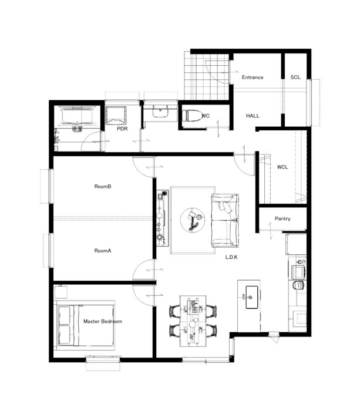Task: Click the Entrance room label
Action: (x=253, y=78)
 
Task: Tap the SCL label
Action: (x=295, y=78)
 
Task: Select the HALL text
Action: (x=253, y=116)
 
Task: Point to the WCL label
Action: (x=282, y=167)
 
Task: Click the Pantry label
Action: (x=282, y=218)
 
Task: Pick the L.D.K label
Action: (x=231, y=257)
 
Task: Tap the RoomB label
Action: (x=103, y=186)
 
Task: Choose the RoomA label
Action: (x=103, y=251)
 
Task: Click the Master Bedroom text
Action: (x=103, y=321)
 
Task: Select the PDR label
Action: (x=122, y=129)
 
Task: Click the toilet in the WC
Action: (x=192, y=116)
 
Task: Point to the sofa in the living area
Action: (x=225, y=220)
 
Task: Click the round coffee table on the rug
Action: (x=193, y=220)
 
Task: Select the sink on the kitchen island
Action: (x=252, y=297)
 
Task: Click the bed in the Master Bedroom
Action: (x=86, y=325)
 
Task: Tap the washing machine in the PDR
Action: (x=116, y=115)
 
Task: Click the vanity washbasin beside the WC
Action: (x=160, y=112)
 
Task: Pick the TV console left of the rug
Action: (x=163, y=218)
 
